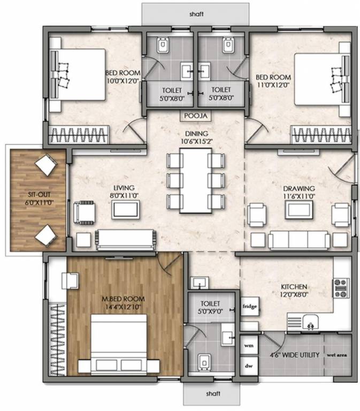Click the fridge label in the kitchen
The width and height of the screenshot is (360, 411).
[249, 307]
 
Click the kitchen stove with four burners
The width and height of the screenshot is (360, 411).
[341, 288]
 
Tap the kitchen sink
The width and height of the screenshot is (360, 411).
[309, 322]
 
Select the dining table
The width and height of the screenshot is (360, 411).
[194, 179]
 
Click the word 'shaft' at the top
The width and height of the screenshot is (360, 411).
[196, 11]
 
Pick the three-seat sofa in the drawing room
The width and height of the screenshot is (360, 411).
[298, 240]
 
